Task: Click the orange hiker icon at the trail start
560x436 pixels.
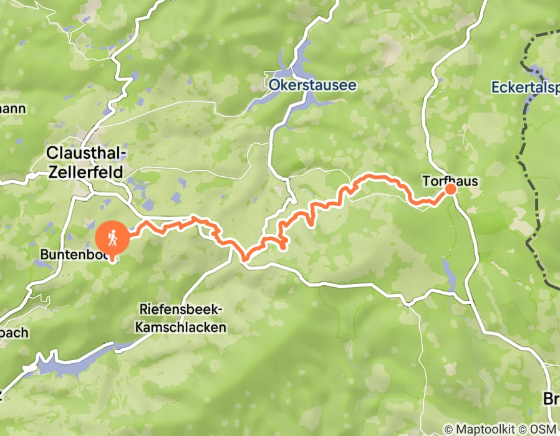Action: [113, 237]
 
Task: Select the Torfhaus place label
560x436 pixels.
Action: [450, 181]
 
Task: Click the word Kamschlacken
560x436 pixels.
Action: [181, 326]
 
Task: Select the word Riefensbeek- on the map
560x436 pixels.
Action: [181, 310]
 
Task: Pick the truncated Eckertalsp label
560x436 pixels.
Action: [524, 87]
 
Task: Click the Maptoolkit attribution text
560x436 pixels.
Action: [481, 429]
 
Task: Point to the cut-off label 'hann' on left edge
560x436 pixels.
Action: [12, 109]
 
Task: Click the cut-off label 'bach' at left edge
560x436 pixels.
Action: [14, 332]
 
